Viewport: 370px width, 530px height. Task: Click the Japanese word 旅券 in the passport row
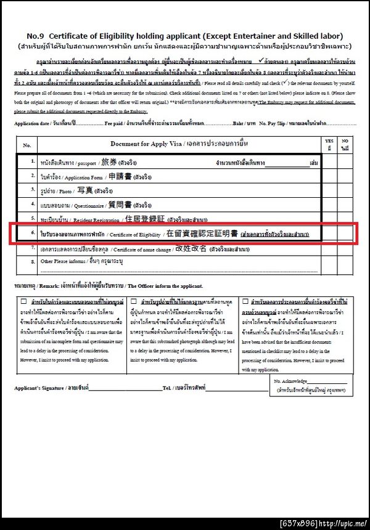coord(109,162)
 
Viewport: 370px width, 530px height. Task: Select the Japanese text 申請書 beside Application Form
coord(121,176)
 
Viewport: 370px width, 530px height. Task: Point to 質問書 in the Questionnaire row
coord(120,205)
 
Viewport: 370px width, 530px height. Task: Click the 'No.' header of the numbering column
coord(27,145)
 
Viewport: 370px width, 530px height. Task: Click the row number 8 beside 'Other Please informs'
coord(33,261)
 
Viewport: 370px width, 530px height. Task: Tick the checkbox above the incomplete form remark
coord(24,301)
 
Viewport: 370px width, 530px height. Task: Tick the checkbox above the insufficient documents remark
coord(246,301)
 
